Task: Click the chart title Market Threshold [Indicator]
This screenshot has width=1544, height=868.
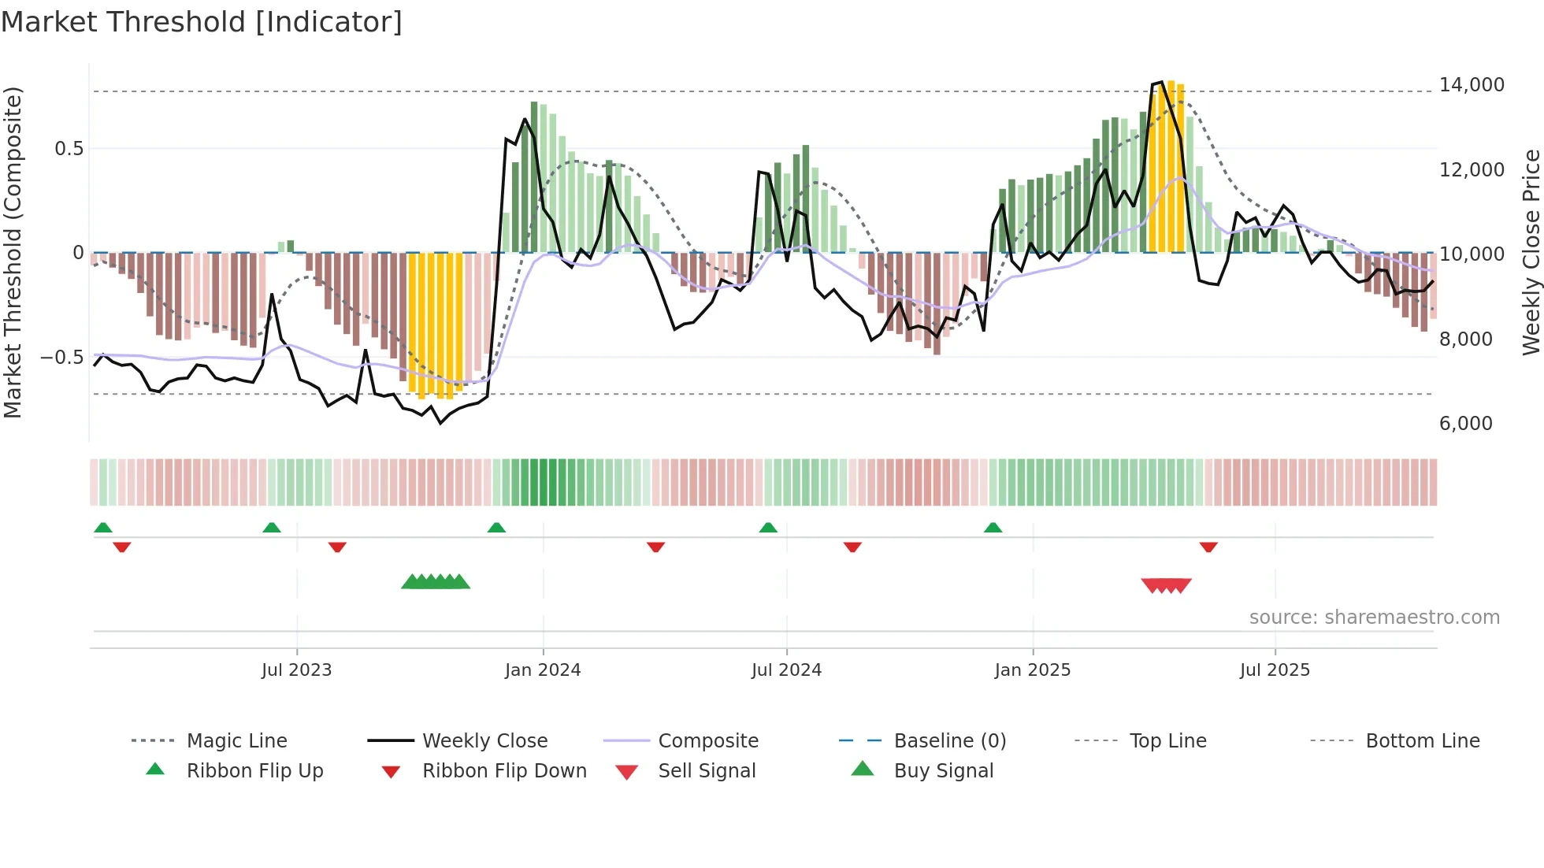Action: point(202,22)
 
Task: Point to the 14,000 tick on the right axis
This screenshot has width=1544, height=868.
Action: point(1471,85)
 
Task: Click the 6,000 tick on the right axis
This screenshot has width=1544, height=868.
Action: point(1465,424)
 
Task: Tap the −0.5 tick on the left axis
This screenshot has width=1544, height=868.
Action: point(61,358)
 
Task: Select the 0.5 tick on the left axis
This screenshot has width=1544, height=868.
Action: point(69,149)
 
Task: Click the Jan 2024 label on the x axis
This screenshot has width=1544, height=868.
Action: point(543,670)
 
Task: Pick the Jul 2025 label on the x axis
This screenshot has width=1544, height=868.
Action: point(1275,670)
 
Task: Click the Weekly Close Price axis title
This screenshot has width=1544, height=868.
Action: point(1531,252)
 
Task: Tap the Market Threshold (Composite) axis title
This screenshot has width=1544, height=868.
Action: point(13,252)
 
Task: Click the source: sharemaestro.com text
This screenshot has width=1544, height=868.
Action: point(1374,618)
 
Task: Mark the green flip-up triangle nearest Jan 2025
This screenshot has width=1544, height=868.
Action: point(993,528)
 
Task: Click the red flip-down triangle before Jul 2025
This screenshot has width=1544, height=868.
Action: point(1208,547)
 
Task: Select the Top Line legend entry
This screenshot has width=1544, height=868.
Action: point(1167,741)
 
